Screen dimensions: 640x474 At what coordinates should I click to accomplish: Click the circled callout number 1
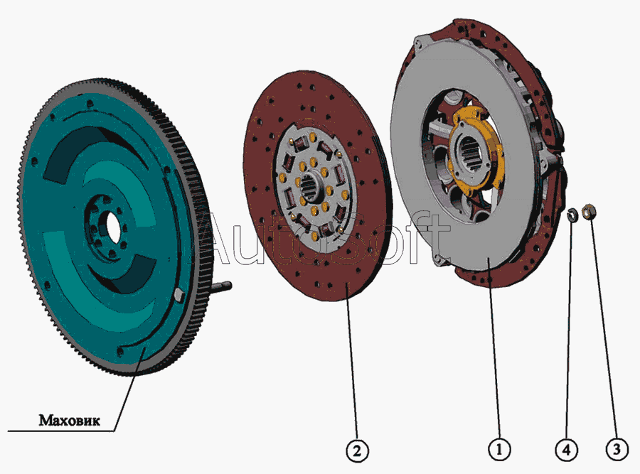(498, 450)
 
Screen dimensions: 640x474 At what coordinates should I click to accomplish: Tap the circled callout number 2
(357, 451)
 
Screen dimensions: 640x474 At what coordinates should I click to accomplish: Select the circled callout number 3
(617, 450)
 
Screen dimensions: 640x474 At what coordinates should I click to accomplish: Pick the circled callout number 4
(567, 451)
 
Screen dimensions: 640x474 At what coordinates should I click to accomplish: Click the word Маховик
(69, 420)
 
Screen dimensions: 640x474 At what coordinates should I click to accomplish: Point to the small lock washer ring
(573, 215)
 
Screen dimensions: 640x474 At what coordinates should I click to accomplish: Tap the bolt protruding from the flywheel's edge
(222, 286)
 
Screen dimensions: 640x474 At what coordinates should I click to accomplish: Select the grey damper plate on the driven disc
(313, 187)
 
